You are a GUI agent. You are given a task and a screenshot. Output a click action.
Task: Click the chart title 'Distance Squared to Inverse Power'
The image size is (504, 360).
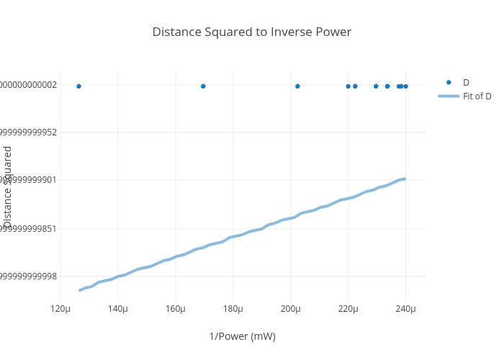[251, 32]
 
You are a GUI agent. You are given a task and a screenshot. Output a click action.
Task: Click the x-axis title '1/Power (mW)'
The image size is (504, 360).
[242, 336]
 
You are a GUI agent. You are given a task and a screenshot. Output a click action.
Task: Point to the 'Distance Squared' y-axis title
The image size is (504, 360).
[8, 186]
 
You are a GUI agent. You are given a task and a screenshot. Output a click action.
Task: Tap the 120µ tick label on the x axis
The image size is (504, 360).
[60, 309]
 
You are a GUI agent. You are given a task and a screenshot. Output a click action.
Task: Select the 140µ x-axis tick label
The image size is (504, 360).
[118, 309]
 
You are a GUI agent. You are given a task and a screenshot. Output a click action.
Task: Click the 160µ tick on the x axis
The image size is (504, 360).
[176, 309]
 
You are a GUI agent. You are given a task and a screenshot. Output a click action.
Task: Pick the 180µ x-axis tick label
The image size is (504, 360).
[233, 309]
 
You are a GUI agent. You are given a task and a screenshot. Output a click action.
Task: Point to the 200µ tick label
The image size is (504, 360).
[291, 309]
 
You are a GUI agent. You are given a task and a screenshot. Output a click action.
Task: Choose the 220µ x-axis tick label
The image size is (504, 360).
[348, 309]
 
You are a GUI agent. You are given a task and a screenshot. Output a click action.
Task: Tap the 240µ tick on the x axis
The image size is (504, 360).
[405, 309]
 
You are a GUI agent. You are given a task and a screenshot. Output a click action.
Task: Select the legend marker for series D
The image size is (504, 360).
[449, 82]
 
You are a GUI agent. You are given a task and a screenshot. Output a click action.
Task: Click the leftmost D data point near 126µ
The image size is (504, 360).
[78, 86]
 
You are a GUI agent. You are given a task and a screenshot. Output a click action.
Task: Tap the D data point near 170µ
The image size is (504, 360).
[203, 86]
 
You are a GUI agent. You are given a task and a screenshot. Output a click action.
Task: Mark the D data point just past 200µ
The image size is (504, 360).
[297, 86]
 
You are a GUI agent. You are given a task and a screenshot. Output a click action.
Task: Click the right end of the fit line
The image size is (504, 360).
[405, 179]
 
